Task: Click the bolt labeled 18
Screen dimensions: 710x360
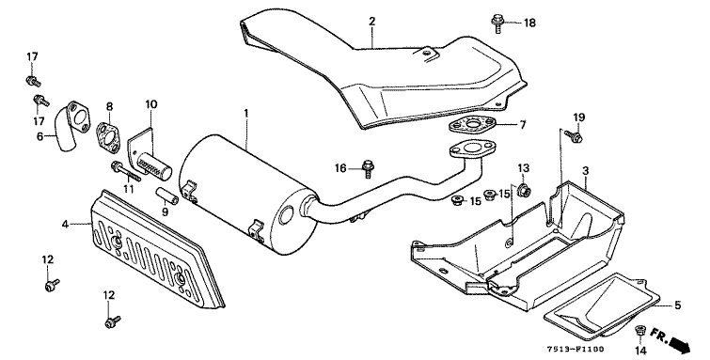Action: tap(497, 23)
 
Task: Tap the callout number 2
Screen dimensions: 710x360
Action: tap(371, 21)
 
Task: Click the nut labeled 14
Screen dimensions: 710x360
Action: tap(640, 331)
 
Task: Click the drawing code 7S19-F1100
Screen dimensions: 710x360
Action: tap(576, 350)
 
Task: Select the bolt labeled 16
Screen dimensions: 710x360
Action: tap(368, 170)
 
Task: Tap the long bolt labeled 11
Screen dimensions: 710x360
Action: tap(125, 171)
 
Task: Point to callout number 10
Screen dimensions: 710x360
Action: tap(151, 104)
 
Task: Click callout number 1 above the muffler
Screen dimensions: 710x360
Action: tap(246, 113)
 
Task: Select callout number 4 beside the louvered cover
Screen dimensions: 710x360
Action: tap(66, 224)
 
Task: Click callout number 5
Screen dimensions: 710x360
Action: tap(677, 305)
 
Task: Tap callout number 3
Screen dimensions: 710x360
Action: tap(586, 171)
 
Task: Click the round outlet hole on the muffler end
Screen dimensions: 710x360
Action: tap(286, 215)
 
